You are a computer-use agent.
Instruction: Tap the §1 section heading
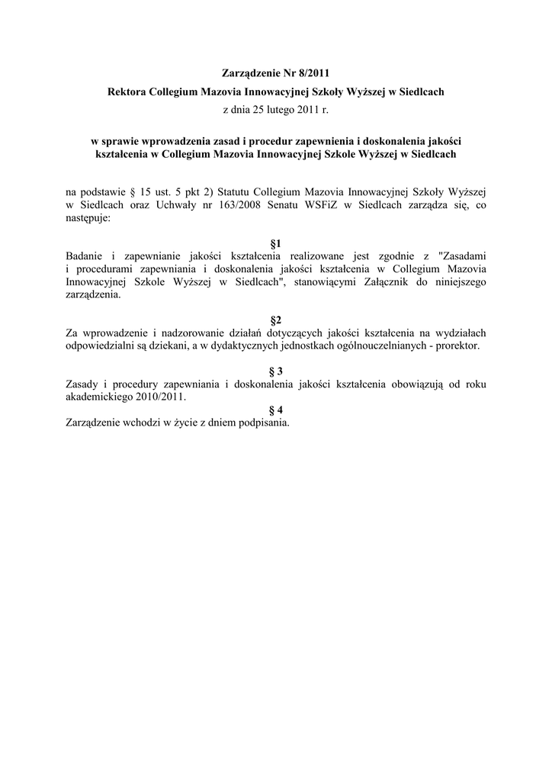coord(276,243)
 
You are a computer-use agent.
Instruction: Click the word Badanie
coord(84,256)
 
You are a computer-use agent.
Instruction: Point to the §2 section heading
coord(276,319)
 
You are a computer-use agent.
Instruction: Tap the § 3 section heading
coord(276,370)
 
